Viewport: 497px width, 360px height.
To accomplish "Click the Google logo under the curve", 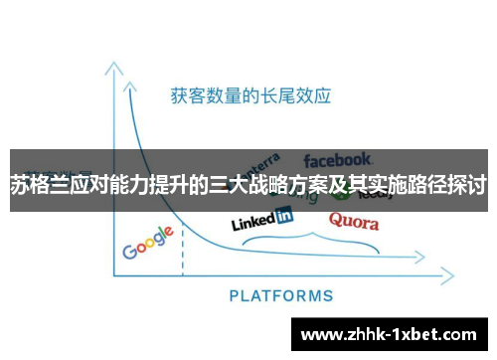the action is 148,243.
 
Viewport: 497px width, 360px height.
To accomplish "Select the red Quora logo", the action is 353,220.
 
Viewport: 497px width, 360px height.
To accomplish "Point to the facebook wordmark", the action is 338,159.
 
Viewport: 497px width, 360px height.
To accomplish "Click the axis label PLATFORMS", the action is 281,295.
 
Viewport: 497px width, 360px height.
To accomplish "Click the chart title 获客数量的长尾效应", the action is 249,96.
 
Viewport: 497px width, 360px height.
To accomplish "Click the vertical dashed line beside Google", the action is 183,248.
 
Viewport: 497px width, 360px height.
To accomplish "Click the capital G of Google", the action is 129,250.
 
